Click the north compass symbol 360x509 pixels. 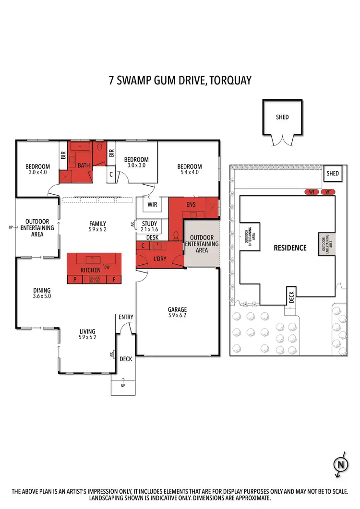coord(341,464)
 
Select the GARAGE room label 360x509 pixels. coord(177,309)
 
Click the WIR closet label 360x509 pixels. coord(152,205)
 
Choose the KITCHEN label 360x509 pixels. coord(91,271)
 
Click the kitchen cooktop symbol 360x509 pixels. coord(94,279)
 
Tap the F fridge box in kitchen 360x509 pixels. coord(114,279)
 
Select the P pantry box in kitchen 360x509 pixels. coord(75,279)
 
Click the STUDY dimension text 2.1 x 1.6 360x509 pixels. coord(149,229)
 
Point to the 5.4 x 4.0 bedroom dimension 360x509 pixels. coord(190,172)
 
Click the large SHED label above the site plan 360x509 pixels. coord(283,117)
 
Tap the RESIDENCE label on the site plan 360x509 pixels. coord(290,248)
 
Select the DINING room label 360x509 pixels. coord(42,290)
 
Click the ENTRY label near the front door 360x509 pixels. coord(126,317)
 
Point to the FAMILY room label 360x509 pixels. coord(97,224)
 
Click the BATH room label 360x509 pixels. coord(84,166)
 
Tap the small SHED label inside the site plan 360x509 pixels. coord(333,174)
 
